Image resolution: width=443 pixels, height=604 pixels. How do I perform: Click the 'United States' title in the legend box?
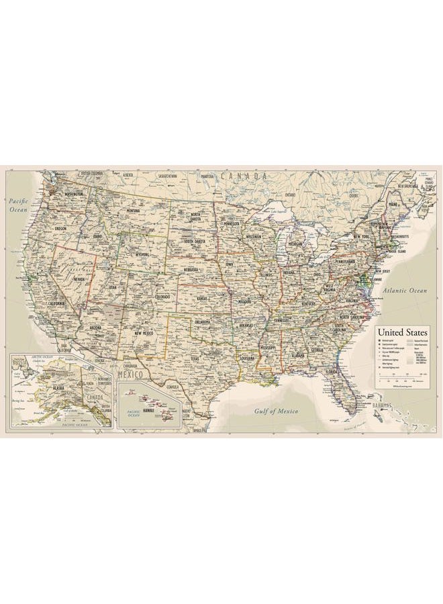pyautogui.click(x=402, y=332)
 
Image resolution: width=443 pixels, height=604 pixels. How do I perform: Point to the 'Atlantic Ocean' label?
pyautogui.click(x=405, y=291)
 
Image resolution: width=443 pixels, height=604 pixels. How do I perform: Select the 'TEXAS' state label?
pyautogui.click(x=195, y=358)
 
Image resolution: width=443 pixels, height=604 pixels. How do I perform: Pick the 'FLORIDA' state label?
pyautogui.click(x=332, y=370)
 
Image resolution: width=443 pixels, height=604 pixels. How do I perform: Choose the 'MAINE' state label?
pyautogui.click(x=393, y=203)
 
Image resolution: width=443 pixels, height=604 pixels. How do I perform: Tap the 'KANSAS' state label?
pyautogui.click(x=203, y=298)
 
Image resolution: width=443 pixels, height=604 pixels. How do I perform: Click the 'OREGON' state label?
pyautogui.click(x=61, y=228)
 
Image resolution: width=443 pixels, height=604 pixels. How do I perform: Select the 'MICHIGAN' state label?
pyautogui.click(x=295, y=244)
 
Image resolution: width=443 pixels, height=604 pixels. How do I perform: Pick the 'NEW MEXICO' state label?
pyautogui.click(x=144, y=333)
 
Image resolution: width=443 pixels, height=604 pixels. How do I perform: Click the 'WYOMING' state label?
pyautogui.click(x=142, y=255)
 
